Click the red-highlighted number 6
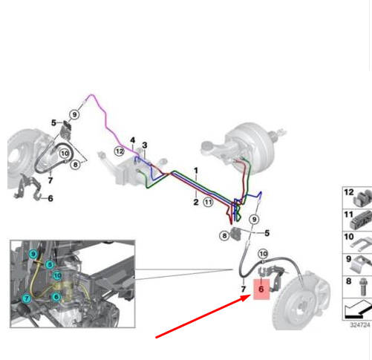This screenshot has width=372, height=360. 261,289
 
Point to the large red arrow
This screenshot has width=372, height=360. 203,316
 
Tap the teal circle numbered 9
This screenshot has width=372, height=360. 33,254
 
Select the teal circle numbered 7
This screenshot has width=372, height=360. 27,298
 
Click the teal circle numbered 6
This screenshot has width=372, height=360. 56,297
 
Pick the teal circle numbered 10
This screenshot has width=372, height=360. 57,275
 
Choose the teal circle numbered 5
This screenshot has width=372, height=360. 50,264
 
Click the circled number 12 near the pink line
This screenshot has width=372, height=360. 120,151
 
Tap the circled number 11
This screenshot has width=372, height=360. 208,202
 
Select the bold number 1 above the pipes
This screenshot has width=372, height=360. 196,171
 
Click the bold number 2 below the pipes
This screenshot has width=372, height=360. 196,202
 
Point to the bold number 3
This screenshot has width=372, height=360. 145,145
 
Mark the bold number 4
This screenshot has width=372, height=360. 133,140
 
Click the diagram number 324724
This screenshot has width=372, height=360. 360,325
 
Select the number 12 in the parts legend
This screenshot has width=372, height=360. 349,192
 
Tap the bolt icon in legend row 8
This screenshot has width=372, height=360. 362,287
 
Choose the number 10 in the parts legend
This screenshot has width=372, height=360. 349,237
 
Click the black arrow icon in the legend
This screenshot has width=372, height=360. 358,310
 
